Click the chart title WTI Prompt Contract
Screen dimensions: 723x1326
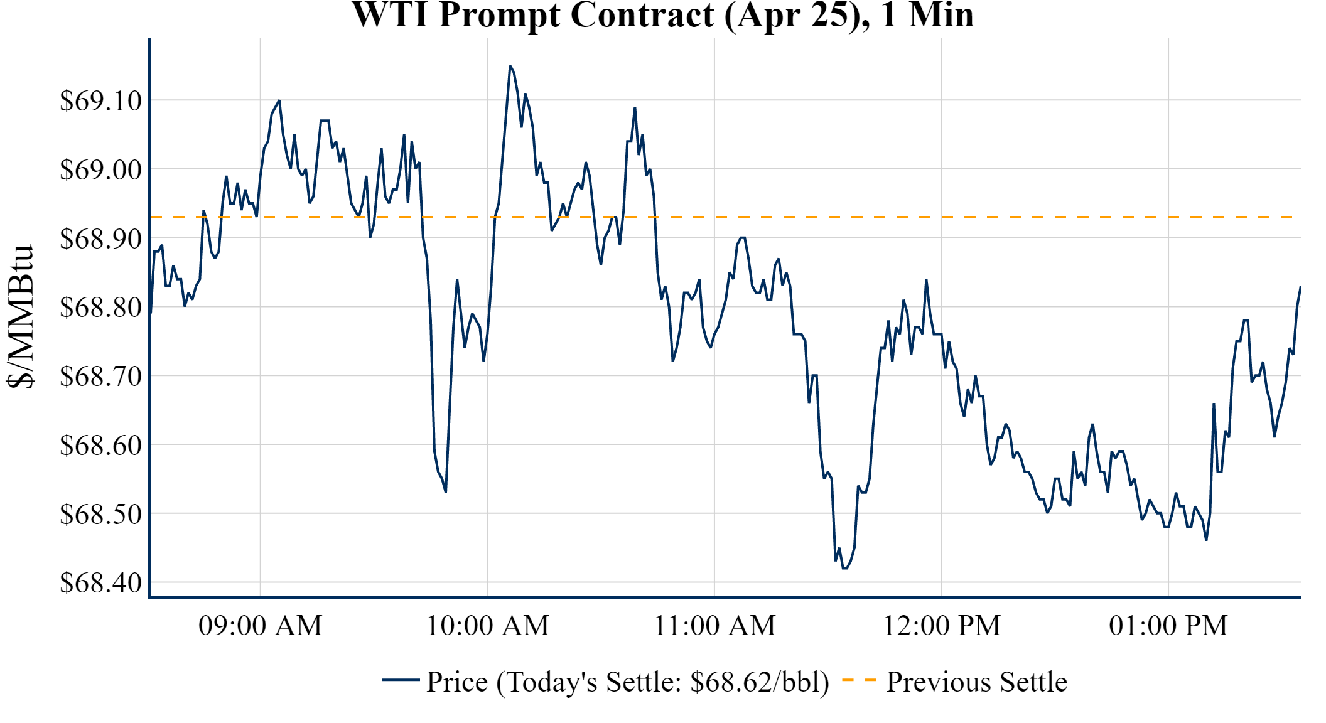click(662, 15)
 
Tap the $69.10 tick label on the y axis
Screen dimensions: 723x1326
click(101, 100)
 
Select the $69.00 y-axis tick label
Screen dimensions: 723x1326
click(101, 169)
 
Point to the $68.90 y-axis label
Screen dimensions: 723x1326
click(101, 238)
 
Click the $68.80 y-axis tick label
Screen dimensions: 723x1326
click(101, 308)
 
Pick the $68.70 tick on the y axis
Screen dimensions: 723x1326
click(101, 377)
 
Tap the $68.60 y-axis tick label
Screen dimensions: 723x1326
click(101, 445)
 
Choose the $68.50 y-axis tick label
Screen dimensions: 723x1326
click(101, 514)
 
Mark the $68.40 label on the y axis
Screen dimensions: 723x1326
click(101, 583)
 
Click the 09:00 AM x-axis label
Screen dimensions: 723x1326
click(261, 626)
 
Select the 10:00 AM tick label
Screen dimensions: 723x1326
click(488, 626)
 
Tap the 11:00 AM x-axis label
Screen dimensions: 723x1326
click(715, 626)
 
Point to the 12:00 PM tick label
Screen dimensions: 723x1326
click(942, 626)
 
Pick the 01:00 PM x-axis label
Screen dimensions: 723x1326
click(1168, 626)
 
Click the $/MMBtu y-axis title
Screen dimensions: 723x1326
click(21, 317)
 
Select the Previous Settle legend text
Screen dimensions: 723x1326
click(976, 682)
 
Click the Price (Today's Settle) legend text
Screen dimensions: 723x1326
click(628, 682)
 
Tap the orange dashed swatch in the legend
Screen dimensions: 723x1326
click(859, 680)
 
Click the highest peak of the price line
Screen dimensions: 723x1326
click(510, 66)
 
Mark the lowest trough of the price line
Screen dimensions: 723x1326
click(845, 568)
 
